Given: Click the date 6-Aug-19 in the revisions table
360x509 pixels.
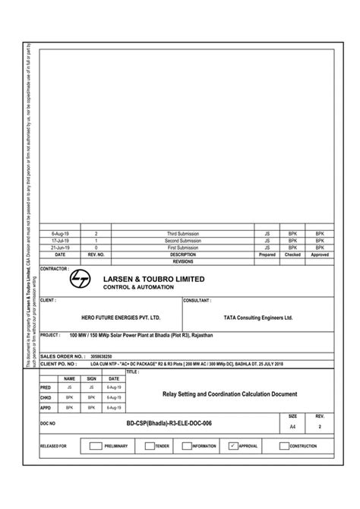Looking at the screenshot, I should pos(60,234).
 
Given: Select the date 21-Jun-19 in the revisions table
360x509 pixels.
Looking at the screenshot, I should pos(60,248).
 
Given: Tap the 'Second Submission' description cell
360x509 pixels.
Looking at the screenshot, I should pos(183,241).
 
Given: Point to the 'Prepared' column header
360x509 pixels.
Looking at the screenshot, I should pos(267,254).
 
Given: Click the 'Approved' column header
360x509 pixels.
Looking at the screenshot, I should pos(320,254).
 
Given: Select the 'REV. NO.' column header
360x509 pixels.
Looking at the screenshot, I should pos(96,254).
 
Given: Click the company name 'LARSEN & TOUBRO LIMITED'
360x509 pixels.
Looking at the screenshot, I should pos(154,279).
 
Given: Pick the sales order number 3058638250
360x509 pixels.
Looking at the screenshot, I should pos(101,356).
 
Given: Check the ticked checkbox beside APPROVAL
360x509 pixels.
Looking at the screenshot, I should pos(233,446).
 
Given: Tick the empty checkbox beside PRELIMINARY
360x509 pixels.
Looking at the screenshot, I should pos(95,446).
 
